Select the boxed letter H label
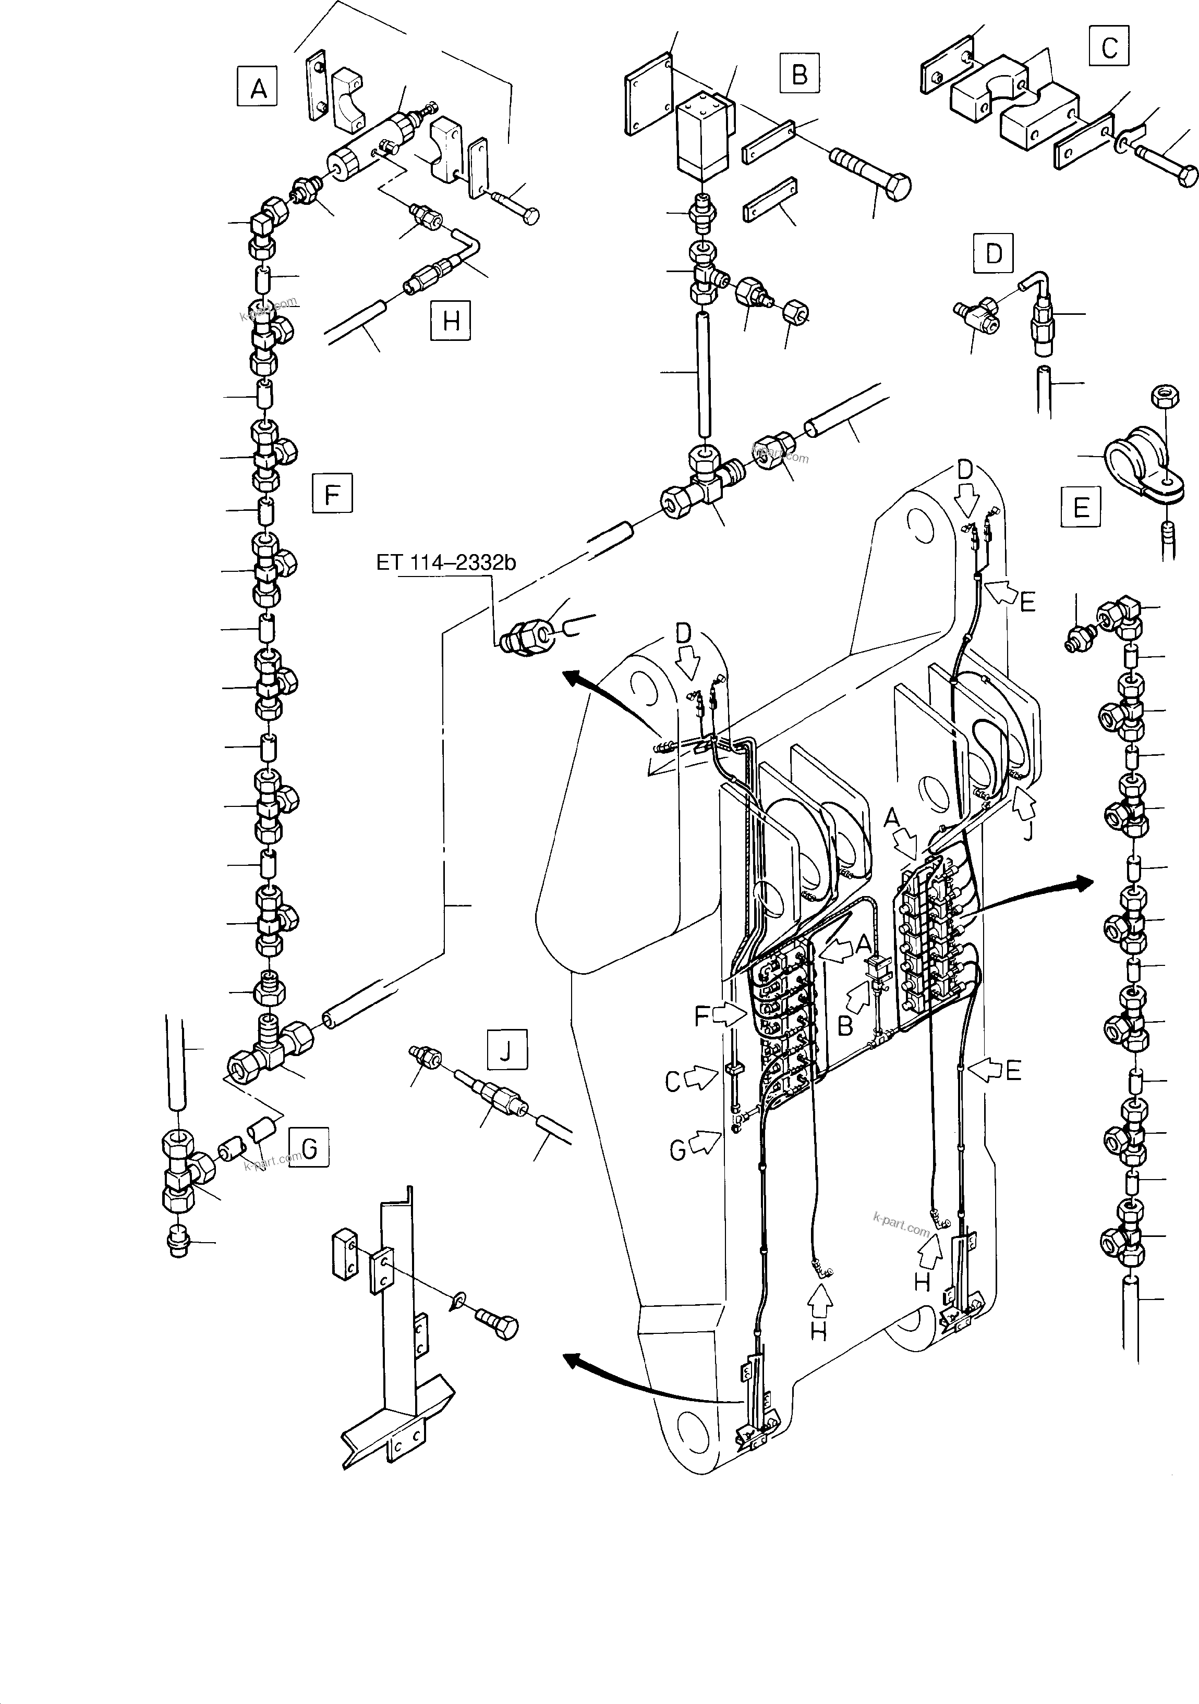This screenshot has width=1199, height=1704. tap(451, 321)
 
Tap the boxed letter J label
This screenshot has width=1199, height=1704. tap(506, 1049)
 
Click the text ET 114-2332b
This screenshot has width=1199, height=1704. tap(445, 562)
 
